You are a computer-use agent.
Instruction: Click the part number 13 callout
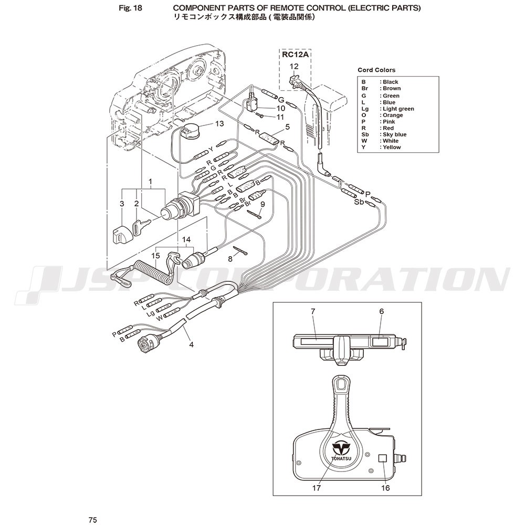[219, 123]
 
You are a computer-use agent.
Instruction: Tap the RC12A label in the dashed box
[295, 55]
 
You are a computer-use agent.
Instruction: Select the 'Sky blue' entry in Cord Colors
[384, 134]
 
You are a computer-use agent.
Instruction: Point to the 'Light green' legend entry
[387, 109]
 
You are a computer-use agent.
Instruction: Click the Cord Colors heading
[376, 70]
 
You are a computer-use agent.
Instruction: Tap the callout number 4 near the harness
[191, 344]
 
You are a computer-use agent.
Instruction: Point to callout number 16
[385, 488]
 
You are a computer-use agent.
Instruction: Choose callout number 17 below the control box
[317, 488]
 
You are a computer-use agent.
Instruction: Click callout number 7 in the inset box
[313, 311]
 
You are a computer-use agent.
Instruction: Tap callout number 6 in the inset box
[381, 311]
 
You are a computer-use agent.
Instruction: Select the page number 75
[93, 520]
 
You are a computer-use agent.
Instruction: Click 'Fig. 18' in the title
[131, 8]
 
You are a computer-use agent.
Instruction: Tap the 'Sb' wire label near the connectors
[359, 202]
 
